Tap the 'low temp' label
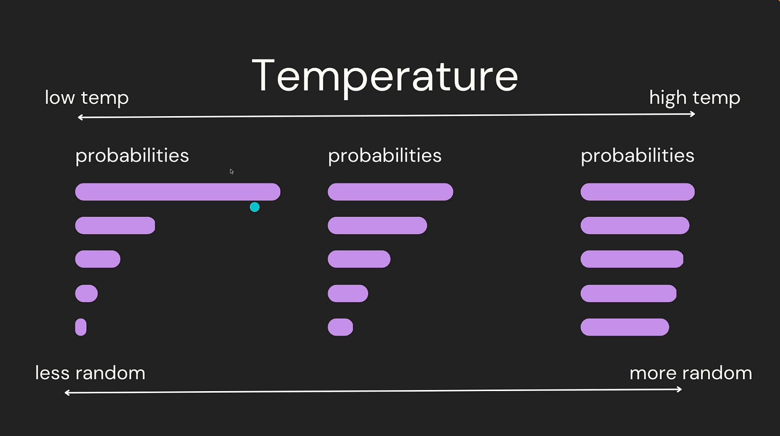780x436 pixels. [x=87, y=98]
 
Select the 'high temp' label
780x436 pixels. [x=695, y=98]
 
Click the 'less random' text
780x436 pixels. [x=90, y=373]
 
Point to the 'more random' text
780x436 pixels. [x=691, y=373]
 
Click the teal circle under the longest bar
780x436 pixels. [x=254, y=207]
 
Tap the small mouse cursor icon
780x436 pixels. [x=231, y=171]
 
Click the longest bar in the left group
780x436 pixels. [x=178, y=192]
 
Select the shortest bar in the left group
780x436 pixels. [x=81, y=327]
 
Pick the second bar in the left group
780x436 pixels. [x=115, y=226]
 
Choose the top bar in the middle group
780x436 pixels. [x=391, y=192]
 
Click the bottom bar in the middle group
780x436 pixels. [x=340, y=327]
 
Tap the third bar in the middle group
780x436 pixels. [x=359, y=259]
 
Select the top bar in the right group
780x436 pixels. [x=637, y=192]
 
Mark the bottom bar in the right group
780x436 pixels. [x=625, y=327]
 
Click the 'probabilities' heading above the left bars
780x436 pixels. [x=132, y=156]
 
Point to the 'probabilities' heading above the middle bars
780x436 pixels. [x=385, y=156]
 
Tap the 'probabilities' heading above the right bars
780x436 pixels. [x=637, y=156]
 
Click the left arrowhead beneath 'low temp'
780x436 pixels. [x=80, y=118]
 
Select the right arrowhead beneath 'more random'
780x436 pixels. [x=679, y=389]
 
